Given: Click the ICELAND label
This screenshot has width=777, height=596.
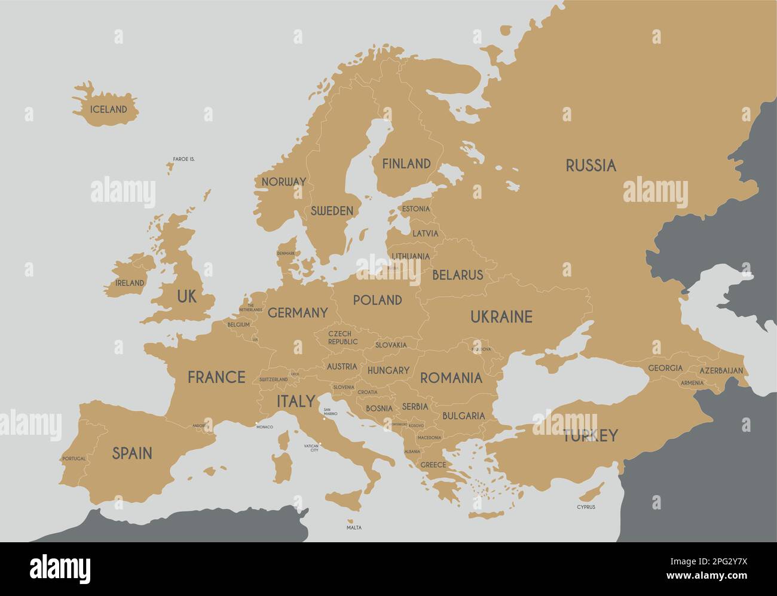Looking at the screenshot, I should click(108, 110).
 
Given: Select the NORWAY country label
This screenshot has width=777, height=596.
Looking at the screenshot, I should click(283, 182).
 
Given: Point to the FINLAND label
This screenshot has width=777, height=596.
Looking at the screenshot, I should click(406, 164).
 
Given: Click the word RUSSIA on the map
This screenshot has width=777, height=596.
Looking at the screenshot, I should click(591, 166).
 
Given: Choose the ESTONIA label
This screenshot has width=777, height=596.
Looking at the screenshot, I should click(415, 209).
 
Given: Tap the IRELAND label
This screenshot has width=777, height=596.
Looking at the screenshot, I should click(130, 282).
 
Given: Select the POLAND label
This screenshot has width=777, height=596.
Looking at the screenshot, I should click(377, 300).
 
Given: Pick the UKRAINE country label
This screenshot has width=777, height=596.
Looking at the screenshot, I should click(501, 317).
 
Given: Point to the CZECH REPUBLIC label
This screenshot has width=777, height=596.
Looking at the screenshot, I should click(342, 337).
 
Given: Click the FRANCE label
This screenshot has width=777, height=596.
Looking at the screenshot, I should click(216, 377).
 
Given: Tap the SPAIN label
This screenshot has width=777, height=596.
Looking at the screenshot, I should click(132, 453).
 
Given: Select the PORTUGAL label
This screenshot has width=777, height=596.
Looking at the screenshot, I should click(74, 459).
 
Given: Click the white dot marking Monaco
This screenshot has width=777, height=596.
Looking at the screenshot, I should click(256, 424).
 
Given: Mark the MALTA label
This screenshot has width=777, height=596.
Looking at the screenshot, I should click(354, 528).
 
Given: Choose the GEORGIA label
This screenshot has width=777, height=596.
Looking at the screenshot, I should click(665, 368).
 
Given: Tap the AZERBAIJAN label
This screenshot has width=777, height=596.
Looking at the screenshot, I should click(721, 371).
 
